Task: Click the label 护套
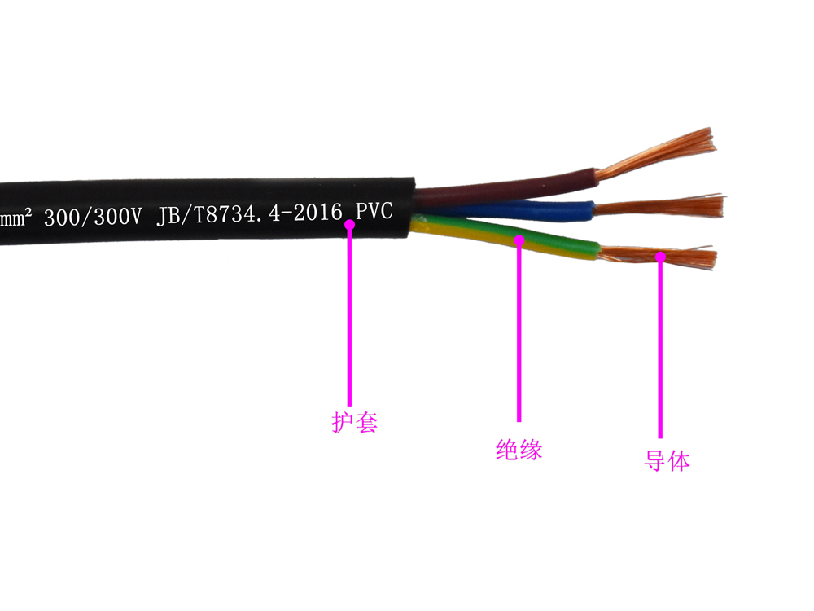tap(355, 422)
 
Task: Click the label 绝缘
tap(519, 450)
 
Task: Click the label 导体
tap(667, 461)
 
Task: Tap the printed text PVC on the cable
tap(374, 212)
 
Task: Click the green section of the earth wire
tap(562, 242)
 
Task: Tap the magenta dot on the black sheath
tap(350, 222)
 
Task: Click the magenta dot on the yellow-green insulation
tap(519, 240)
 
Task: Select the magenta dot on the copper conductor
tap(660, 257)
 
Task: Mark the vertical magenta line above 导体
tap(660, 350)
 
